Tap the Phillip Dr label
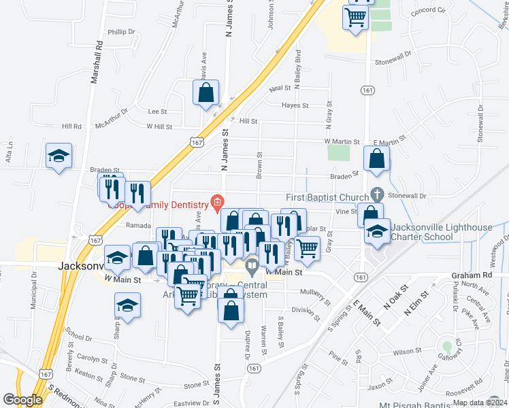[x=122, y=31]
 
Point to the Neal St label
[x=280, y=88]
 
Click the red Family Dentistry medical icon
[x=217, y=201]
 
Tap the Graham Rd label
[x=471, y=275]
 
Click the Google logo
[x=22, y=399]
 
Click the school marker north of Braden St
[x=59, y=156]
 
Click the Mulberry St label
[x=317, y=297]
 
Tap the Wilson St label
[x=408, y=352]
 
